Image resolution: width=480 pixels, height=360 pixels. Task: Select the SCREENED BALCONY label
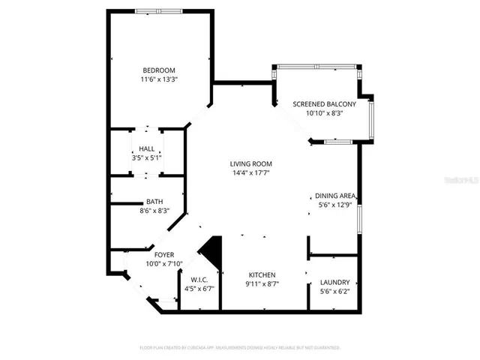(324, 103)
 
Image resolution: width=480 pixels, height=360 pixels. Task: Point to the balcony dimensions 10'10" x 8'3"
(324, 112)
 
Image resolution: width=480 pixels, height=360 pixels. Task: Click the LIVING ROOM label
(250, 163)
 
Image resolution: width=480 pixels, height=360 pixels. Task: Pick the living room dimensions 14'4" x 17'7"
(250, 172)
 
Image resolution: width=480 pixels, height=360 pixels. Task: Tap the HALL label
(146, 149)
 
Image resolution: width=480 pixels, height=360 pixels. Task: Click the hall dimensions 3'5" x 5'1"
(146, 158)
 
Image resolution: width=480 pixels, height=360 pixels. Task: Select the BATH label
(154, 202)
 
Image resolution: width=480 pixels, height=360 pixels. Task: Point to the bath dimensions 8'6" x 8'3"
(154, 211)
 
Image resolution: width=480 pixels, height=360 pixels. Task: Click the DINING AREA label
(334, 196)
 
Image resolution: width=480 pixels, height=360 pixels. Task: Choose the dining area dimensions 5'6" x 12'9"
(334, 205)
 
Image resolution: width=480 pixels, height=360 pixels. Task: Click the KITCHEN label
(262, 275)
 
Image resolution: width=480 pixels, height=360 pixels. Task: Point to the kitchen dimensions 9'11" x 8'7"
(262, 284)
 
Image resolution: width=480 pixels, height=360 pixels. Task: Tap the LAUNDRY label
(334, 283)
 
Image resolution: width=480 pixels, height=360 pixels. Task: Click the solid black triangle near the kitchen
(212, 252)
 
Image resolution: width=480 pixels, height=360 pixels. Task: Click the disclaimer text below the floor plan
(240, 348)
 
